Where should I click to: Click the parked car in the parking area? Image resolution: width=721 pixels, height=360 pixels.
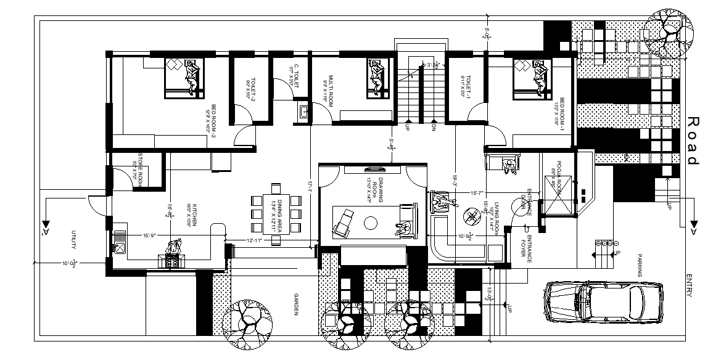click(604, 302)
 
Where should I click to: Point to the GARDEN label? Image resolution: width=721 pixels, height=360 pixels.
click(297, 304)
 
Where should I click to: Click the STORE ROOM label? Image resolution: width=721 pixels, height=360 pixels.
click(141, 167)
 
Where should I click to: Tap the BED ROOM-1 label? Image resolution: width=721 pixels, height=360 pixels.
click(561, 113)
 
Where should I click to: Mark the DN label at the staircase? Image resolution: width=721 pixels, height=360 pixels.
click(434, 128)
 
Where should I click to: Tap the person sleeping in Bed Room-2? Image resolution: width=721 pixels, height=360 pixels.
click(192, 77)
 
